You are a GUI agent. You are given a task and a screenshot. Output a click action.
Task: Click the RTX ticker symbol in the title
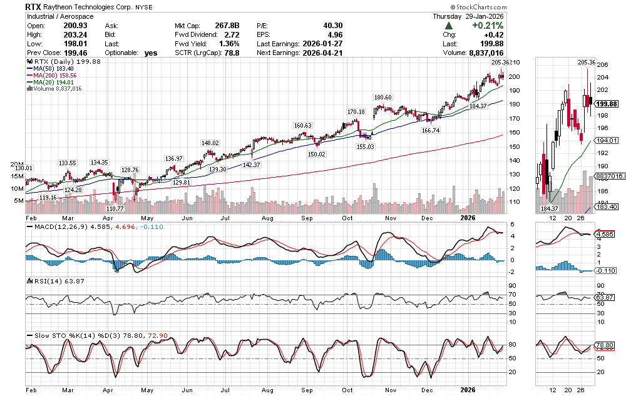[33, 6]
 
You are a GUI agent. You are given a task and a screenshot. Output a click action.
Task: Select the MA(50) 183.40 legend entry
[53, 69]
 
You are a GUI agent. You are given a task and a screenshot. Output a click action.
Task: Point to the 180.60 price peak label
[382, 98]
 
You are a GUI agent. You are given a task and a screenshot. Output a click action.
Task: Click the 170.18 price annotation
[356, 111]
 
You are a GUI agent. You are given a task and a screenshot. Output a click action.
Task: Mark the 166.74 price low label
[432, 130]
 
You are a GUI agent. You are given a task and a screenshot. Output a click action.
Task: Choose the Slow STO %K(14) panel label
[63, 335]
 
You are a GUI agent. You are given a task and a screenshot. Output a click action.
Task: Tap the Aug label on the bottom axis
[267, 389]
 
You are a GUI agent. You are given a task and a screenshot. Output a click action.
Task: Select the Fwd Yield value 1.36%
[228, 44]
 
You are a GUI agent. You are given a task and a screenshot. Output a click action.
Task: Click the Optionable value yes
[150, 53]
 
